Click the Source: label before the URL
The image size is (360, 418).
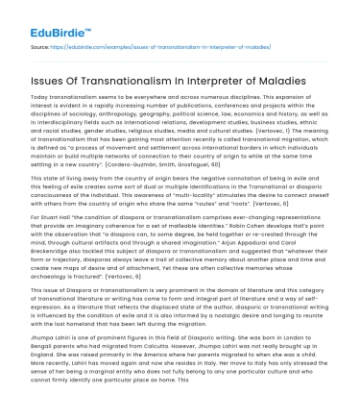point(39,44)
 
